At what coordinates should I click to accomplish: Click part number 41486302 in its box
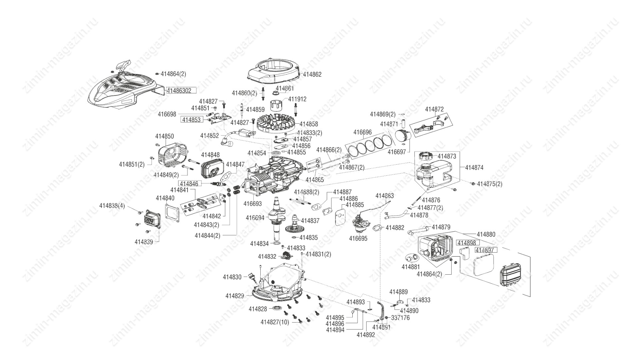tap(179, 90)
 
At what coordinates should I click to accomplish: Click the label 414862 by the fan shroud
tap(312, 74)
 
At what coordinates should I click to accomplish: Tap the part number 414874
tap(474, 168)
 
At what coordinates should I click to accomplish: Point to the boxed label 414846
tap(189, 184)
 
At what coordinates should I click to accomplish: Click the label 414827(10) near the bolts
tap(275, 322)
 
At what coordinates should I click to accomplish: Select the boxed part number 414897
tap(486, 250)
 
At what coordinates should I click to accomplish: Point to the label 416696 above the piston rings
tap(362, 132)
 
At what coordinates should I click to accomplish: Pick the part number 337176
tap(400, 318)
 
